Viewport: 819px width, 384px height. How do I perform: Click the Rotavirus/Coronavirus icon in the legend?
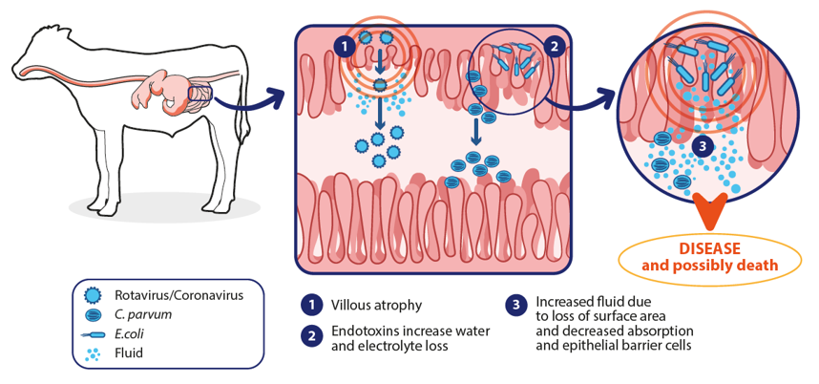pyautogui.click(x=93, y=294)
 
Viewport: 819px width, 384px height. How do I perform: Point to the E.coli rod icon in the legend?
pyautogui.click(x=93, y=333)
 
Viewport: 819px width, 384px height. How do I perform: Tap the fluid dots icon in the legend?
pyautogui.click(x=93, y=352)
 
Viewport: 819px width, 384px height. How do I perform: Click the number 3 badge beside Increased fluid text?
pyautogui.click(x=515, y=305)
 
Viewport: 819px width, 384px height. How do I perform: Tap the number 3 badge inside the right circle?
pyautogui.click(x=702, y=146)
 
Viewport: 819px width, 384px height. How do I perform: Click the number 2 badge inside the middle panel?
pyautogui.click(x=551, y=44)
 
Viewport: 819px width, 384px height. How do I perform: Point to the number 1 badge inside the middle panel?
pyautogui.click(x=341, y=44)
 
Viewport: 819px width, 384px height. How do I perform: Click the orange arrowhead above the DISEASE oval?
pyautogui.click(x=710, y=210)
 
